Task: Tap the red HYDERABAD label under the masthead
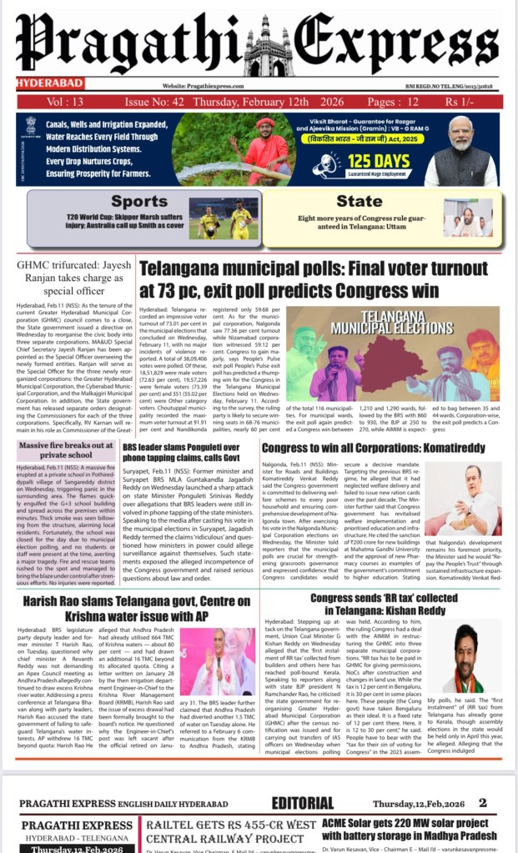[x=42, y=84]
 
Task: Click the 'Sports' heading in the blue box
[x=139, y=201]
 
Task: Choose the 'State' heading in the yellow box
[x=360, y=201]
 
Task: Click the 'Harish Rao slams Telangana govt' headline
[x=136, y=584]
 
